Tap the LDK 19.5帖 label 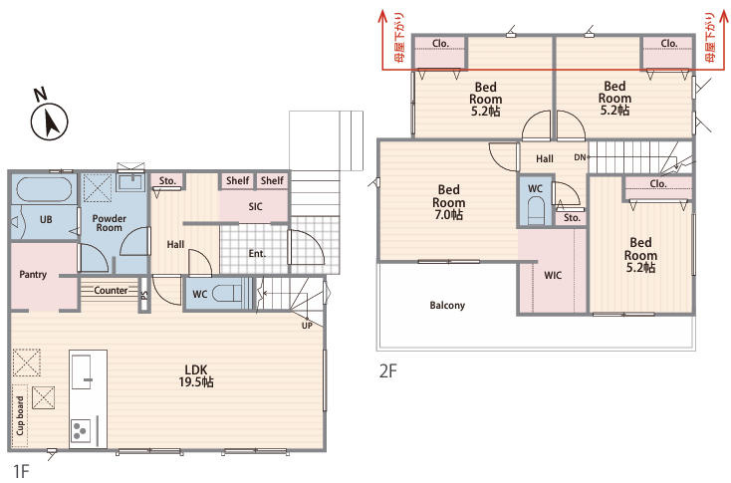tap(196, 375)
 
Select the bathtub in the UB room tap(44, 189)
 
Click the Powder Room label tap(110, 223)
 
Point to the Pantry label tap(33, 274)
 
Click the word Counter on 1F tap(111, 291)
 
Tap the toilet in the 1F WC tap(227, 294)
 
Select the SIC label tap(255, 206)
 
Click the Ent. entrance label tap(257, 254)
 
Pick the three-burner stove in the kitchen tap(81, 430)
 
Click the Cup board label tap(20, 416)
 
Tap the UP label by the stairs tap(307, 326)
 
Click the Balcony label tap(447, 306)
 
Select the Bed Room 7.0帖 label tap(448, 202)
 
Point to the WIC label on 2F tap(553, 276)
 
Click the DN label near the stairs tap(580, 157)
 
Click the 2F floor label tap(387, 371)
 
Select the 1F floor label tap(21, 471)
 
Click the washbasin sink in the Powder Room tap(131, 182)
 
